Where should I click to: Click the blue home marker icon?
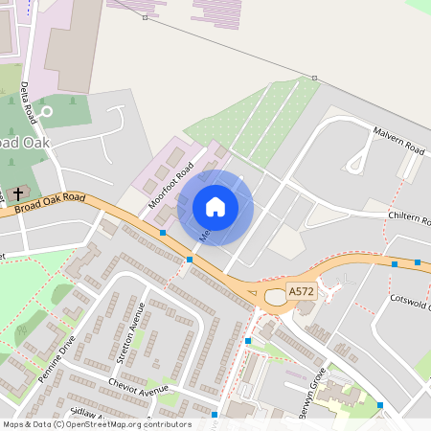coord(215,207)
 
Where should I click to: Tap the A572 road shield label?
coord(302,293)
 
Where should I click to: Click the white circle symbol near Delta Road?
coord(46,111)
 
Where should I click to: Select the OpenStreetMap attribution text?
coord(97,424)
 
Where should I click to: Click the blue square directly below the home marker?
coord(190,259)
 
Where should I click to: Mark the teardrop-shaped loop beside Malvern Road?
coord(359,153)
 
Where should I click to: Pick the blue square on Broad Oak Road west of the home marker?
coord(164,233)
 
